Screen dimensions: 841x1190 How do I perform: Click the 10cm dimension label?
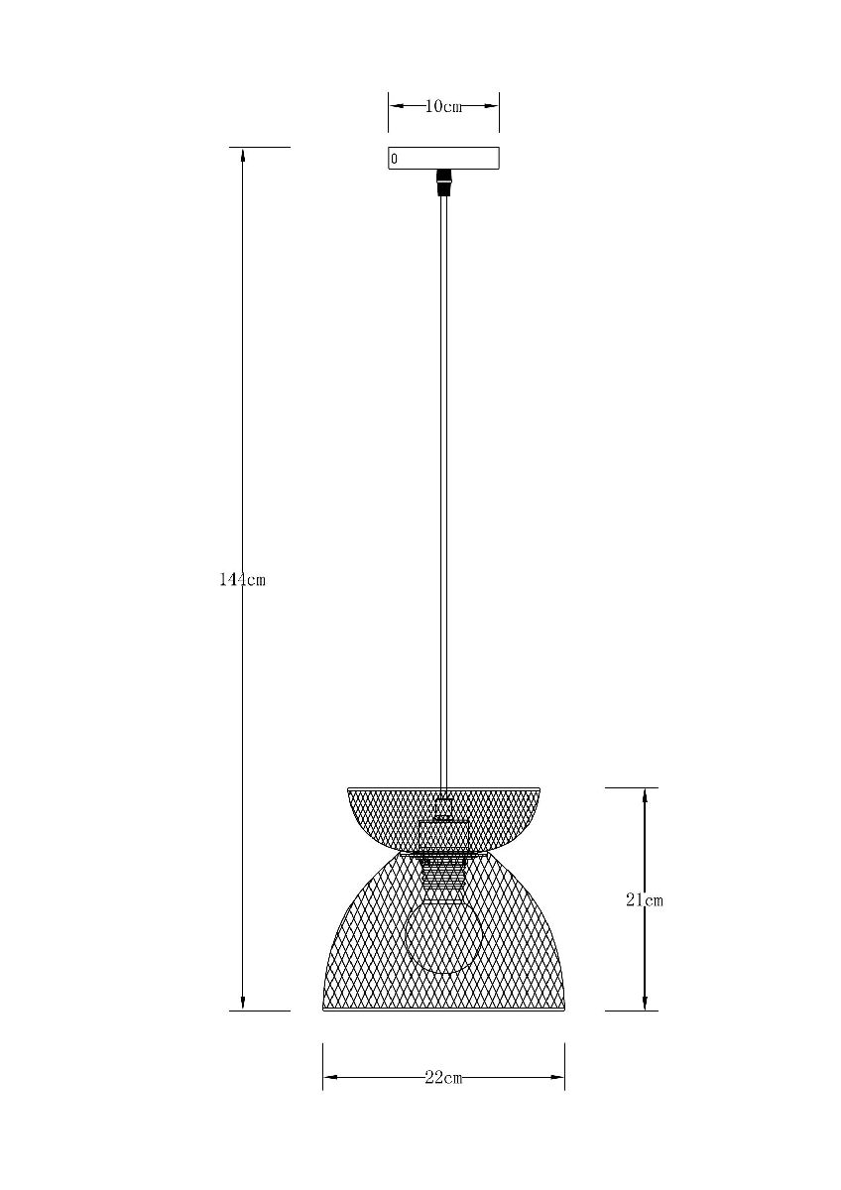tap(443, 106)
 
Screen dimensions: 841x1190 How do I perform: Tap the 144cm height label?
tap(242, 579)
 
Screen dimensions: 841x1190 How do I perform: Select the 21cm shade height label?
tap(645, 900)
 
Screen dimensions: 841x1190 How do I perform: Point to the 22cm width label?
tap(443, 1078)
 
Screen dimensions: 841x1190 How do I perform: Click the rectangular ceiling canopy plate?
tap(443, 159)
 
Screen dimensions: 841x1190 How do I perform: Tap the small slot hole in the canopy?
tap(394, 159)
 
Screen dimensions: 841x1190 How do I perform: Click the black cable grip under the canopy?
tap(443, 182)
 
